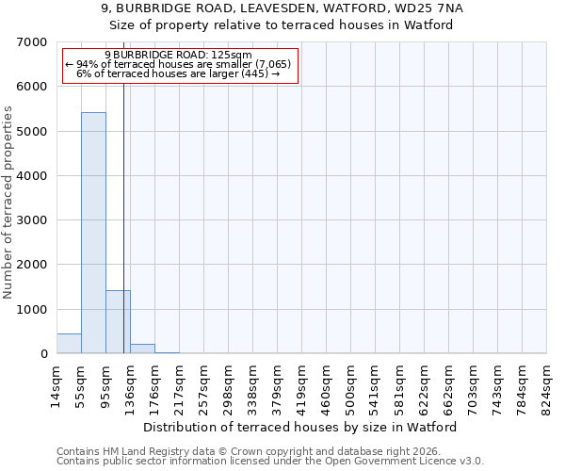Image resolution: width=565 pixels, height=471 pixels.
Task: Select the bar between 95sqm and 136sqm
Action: tap(118, 322)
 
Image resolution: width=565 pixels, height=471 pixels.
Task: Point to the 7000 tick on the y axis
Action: tap(31, 42)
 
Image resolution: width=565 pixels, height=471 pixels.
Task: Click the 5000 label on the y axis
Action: tap(31, 132)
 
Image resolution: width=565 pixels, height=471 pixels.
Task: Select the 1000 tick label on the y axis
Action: tap(31, 310)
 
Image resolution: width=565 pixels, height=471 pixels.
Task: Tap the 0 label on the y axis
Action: tap(43, 354)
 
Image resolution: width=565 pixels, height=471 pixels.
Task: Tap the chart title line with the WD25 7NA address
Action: tap(282, 8)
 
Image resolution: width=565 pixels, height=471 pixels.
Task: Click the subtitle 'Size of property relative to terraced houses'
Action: tap(282, 24)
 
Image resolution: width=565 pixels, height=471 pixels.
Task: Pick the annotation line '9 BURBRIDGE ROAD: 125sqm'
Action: tap(178, 56)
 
